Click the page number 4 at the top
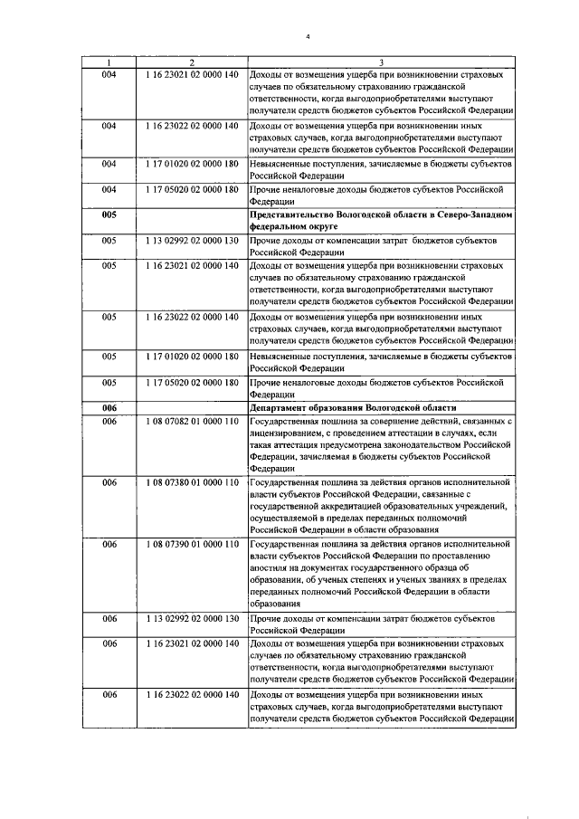click(308, 36)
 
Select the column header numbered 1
click(109, 62)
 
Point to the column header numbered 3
click(381, 62)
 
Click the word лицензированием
click(290, 434)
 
